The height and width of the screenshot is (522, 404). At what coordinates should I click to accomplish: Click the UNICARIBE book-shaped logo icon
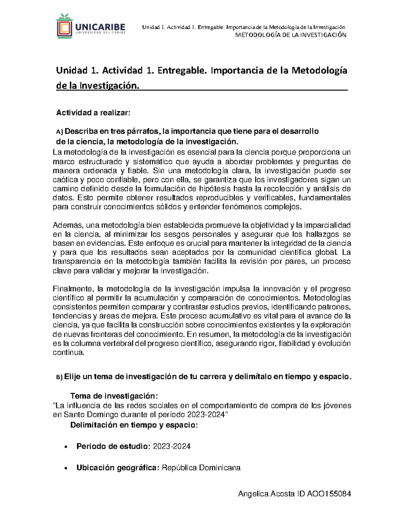tap(64, 26)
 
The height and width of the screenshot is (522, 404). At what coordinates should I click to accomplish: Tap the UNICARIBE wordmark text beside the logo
tap(100, 27)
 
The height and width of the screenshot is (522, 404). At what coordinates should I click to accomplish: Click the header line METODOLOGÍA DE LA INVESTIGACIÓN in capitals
tap(291, 35)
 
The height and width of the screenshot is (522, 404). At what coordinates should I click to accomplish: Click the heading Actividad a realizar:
tap(93, 113)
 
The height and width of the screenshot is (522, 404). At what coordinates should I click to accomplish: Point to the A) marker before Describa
tap(59, 131)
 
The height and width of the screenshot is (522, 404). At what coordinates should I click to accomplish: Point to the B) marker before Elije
tap(59, 377)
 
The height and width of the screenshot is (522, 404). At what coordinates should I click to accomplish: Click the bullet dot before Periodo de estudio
tap(65, 447)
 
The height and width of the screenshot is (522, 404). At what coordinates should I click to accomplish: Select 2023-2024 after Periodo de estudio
tap(172, 447)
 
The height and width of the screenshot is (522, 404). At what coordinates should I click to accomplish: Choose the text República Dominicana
tap(201, 468)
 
